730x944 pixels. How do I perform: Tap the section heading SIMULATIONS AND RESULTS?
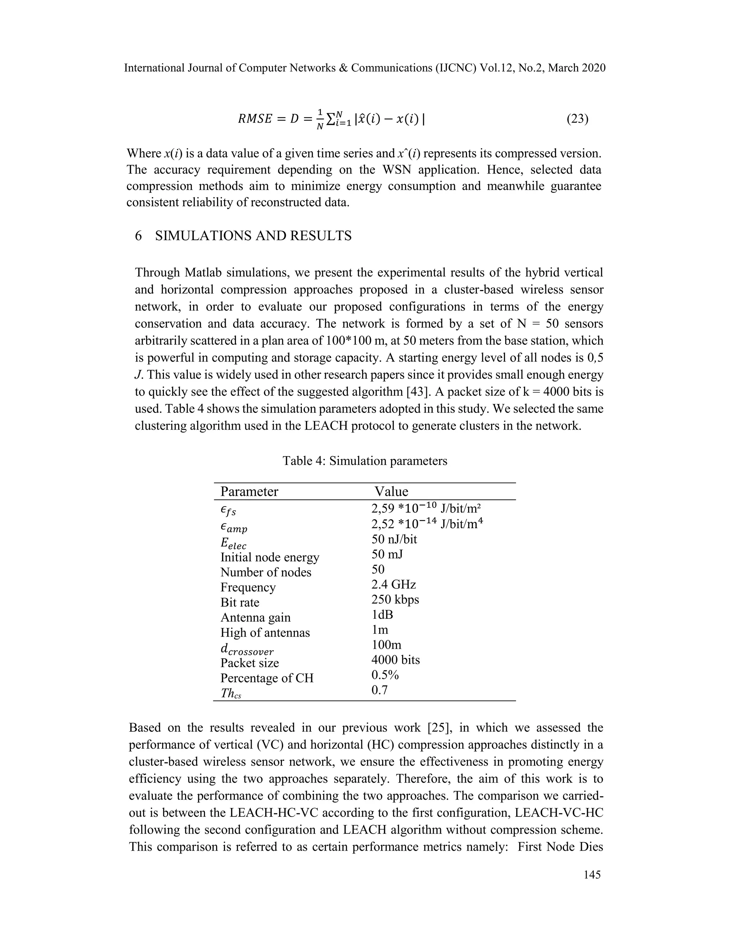[253, 236]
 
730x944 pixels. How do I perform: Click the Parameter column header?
[249, 492]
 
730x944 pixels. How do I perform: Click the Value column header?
[391, 492]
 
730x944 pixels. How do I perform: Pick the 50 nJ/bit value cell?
[394, 539]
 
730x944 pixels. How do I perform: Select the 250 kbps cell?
[395, 600]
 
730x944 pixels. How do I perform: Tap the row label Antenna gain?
[255, 618]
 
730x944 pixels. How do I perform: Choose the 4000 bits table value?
[395, 660]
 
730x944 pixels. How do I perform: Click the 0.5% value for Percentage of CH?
[385, 675]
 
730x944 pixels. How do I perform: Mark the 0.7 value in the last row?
[379, 690]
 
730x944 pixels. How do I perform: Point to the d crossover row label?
[247, 649]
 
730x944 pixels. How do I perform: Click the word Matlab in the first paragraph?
[203, 273]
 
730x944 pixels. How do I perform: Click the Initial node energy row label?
[269, 557]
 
